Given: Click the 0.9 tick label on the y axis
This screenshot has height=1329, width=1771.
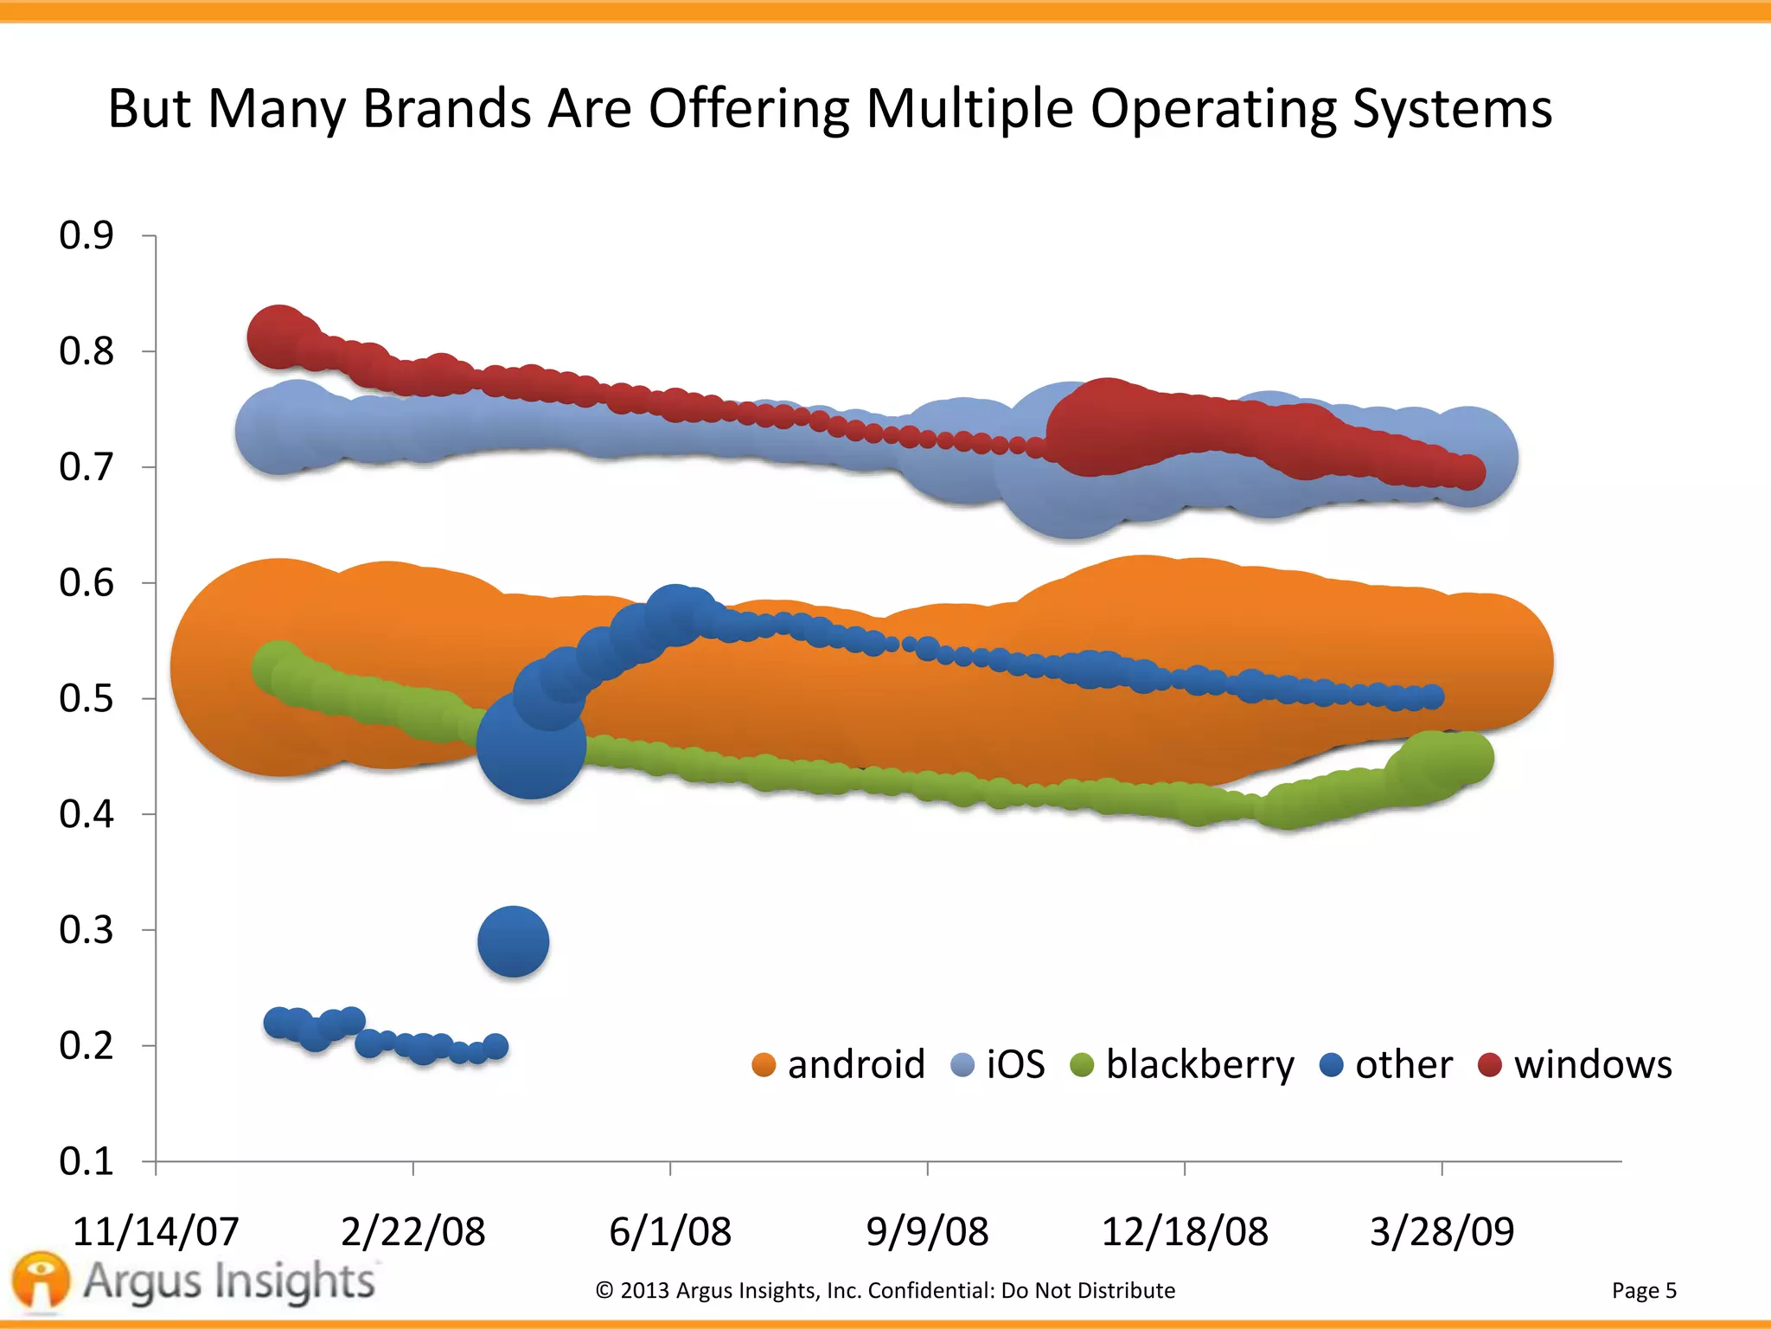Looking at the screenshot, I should pos(86,235).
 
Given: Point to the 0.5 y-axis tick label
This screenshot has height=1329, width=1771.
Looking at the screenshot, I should pos(86,698).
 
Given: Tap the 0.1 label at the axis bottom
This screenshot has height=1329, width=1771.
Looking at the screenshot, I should pos(86,1161).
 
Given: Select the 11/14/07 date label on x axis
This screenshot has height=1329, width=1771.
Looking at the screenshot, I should pos(156,1230).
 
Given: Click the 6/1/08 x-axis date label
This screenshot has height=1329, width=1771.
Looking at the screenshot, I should pos(670,1230).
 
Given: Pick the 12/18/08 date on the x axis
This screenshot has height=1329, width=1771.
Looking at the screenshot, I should pos(1185,1230).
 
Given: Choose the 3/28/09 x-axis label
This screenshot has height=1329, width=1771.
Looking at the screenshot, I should pos(1442,1230).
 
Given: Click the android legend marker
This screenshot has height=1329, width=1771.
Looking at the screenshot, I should pos(764,1065).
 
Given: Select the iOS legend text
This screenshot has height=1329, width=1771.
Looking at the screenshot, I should pos(1015,1064).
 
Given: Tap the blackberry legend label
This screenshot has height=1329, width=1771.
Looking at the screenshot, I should pos(1199,1064).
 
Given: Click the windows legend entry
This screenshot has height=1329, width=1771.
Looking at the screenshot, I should pos(1592,1064).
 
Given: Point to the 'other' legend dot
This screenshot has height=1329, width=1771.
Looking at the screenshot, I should pos(1332,1065).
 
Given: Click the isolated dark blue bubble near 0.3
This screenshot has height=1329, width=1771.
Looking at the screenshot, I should pos(513,941).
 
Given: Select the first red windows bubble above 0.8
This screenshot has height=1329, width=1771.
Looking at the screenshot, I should pos(278,336).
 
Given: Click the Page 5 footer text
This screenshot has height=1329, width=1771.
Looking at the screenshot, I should pos(1643,1290).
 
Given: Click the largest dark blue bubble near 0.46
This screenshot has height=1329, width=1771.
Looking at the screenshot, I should pos(531,744).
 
